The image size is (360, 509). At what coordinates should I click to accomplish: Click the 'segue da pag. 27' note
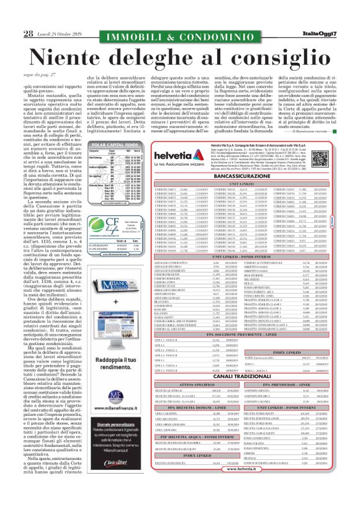(x=38, y=73)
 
